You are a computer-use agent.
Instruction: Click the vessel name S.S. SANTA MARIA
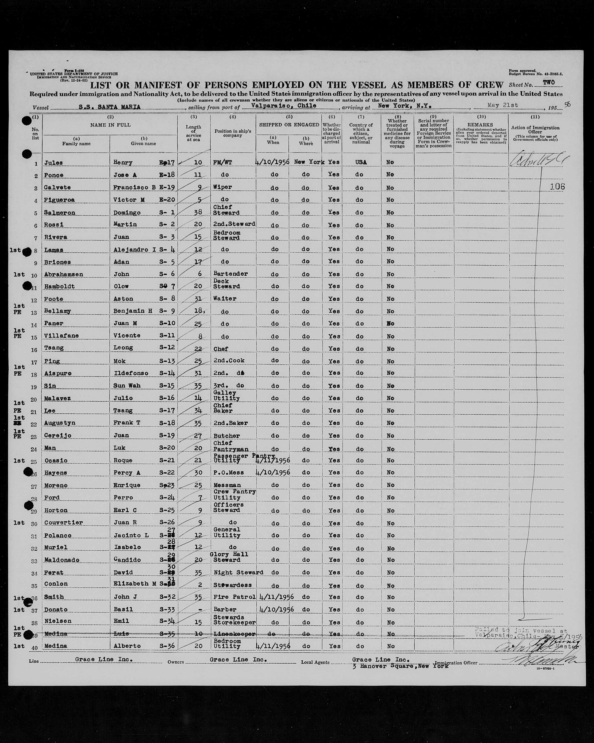[109, 107]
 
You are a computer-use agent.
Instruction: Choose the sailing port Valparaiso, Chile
[284, 106]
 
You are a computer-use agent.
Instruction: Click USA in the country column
[360, 162]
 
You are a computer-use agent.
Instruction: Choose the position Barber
[225, 609]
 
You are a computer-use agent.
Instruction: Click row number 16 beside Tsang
[34, 349]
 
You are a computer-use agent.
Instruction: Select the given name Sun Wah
[127, 385]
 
